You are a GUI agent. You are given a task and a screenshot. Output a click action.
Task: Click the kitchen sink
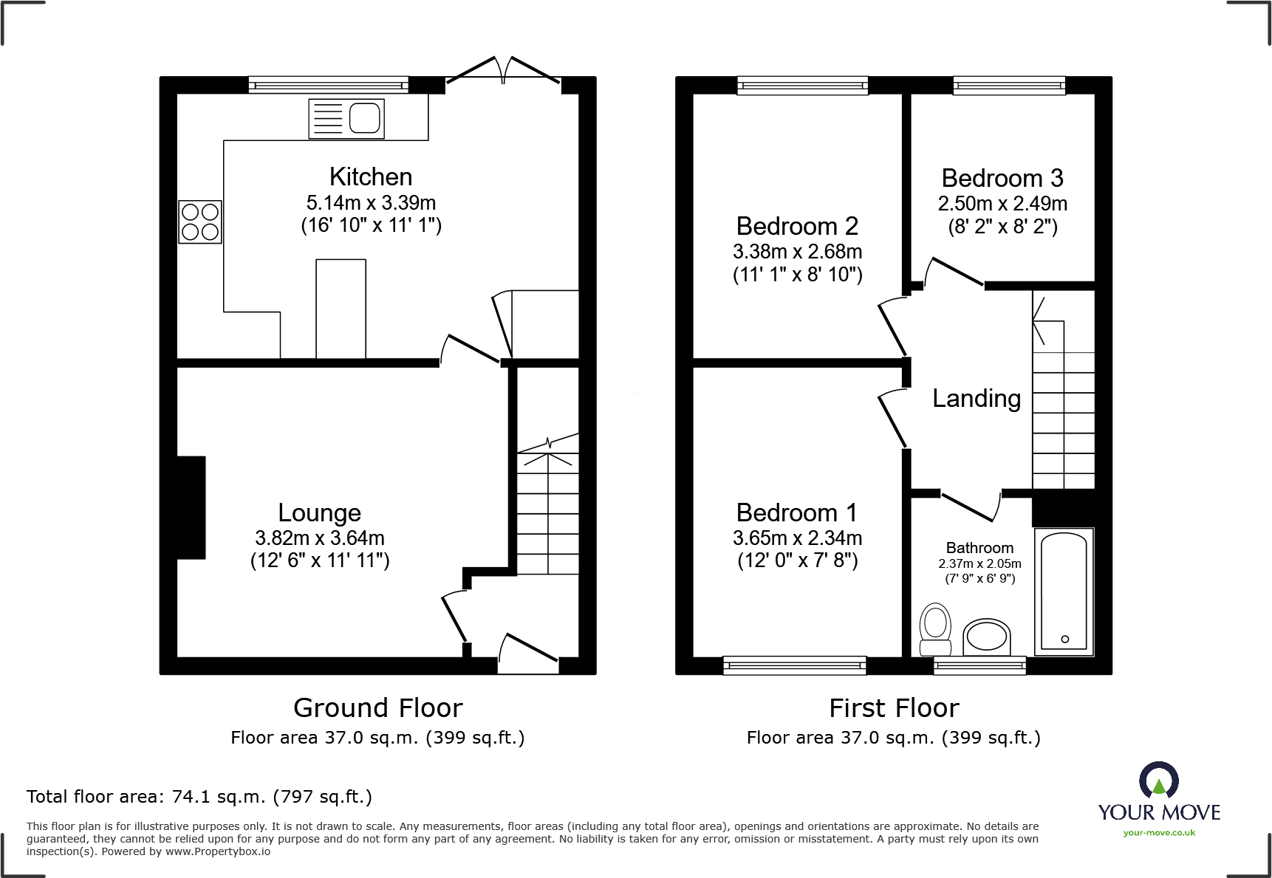346,118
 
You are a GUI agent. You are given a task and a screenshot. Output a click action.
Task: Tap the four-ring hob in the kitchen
200,222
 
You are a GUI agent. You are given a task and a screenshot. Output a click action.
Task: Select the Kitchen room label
371,177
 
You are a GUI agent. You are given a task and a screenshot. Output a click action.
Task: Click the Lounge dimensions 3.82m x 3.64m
320,538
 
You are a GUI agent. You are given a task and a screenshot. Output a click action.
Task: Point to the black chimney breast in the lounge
191,507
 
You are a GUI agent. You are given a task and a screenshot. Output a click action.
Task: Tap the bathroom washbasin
987,637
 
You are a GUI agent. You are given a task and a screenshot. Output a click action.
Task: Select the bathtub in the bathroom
1064,591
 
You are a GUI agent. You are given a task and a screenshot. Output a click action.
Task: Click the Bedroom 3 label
1002,178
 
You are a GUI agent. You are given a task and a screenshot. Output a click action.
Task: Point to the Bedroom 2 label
797,226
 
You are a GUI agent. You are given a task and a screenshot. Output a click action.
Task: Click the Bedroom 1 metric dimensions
797,538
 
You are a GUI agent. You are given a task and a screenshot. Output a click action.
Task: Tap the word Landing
977,399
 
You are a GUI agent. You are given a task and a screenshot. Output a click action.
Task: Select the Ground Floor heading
378,708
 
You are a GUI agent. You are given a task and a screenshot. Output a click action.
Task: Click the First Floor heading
894,708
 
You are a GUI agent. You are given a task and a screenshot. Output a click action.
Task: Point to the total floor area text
199,797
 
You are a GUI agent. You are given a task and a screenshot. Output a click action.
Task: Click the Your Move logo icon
1158,780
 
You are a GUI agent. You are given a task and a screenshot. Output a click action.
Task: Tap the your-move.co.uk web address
1159,833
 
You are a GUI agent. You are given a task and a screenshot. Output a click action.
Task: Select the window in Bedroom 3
1009,86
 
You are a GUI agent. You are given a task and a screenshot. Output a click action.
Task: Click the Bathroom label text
979,548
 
